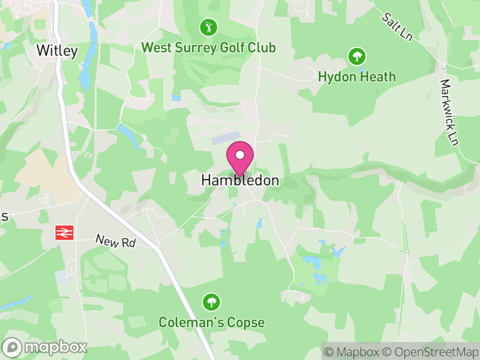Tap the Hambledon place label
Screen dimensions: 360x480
(240, 180)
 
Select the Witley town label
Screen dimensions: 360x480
(57, 51)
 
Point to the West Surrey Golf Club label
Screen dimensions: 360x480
(208, 47)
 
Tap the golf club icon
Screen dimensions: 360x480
(208, 27)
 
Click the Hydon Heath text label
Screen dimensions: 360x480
(357, 77)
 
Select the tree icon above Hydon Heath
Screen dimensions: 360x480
(357, 57)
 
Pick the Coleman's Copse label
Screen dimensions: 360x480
(211, 323)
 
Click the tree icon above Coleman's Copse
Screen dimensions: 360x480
(211, 302)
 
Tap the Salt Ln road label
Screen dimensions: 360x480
(398, 26)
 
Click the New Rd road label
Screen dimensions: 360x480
(116, 241)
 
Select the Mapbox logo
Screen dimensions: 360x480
(45, 347)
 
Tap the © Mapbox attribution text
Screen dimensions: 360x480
(354, 351)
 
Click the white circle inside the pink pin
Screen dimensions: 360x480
(240, 155)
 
